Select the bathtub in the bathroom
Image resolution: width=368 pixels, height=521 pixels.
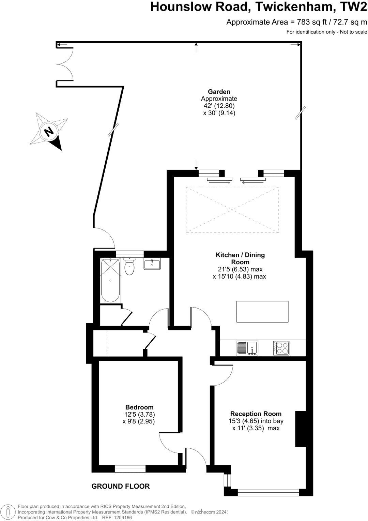(x=110, y=280)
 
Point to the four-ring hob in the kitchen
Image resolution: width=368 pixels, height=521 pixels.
(x=281, y=348)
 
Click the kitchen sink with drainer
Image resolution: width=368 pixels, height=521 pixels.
(x=247, y=348)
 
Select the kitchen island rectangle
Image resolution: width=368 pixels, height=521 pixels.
(x=262, y=311)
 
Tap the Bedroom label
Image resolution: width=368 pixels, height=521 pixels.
(x=139, y=407)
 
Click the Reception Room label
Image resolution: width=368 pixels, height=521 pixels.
(x=256, y=414)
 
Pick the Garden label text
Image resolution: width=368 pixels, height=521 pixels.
(x=219, y=92)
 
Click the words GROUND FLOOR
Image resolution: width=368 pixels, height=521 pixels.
(x=121, y=486)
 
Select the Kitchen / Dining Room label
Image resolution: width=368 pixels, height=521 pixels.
(x=240, y=258)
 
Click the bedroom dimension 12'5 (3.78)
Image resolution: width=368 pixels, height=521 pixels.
(x=140, y=414)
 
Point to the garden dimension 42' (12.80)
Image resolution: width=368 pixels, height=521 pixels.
(x=219, y=106)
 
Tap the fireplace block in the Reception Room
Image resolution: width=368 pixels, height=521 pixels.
(x=300, y=429)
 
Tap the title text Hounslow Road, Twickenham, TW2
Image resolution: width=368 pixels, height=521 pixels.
(x=259, y=7)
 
